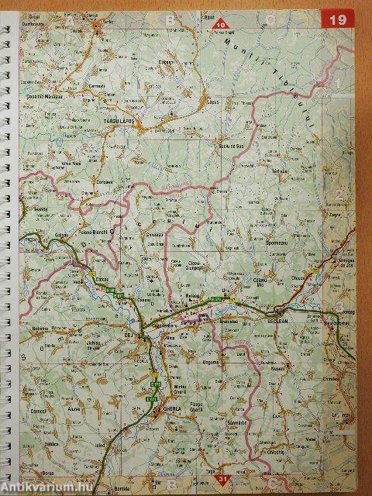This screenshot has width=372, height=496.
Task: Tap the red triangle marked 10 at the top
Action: click(222, 23)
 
